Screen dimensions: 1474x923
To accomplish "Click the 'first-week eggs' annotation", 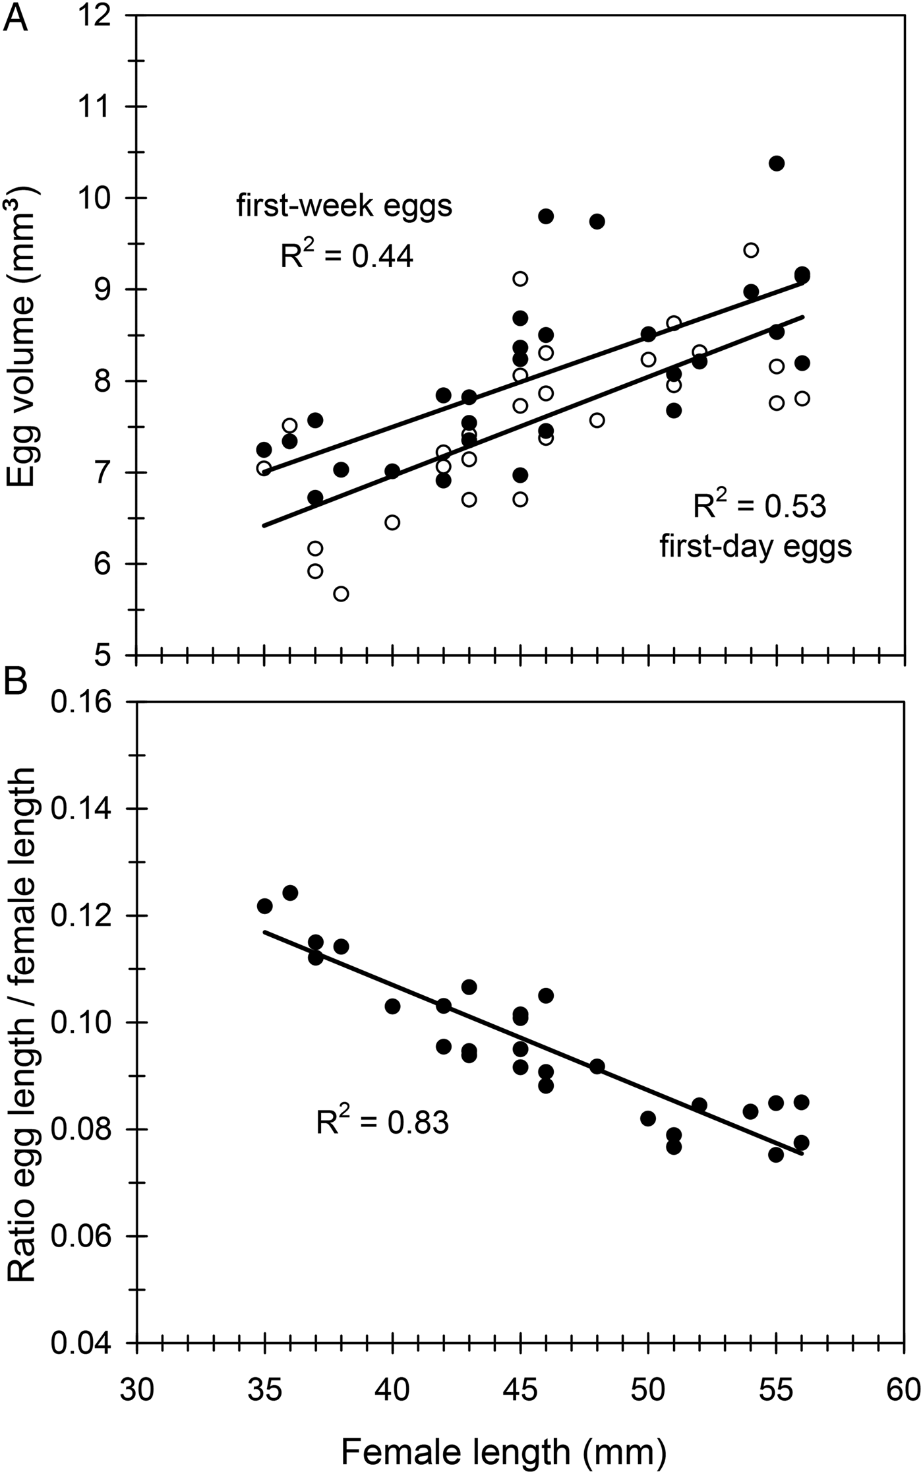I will tap(345, 206).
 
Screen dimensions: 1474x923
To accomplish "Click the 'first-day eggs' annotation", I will tap(756, 547).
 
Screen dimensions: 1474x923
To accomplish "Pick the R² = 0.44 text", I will tap(347, 255).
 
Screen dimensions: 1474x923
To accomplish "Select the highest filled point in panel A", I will tap(776, 164).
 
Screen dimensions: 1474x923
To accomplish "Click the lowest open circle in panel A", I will tap(341, 594).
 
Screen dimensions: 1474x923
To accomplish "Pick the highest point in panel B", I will tap(290, 893).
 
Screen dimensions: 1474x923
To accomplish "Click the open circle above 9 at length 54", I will tap(750, 250).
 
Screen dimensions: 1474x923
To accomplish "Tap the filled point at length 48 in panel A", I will tap(597, 222).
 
